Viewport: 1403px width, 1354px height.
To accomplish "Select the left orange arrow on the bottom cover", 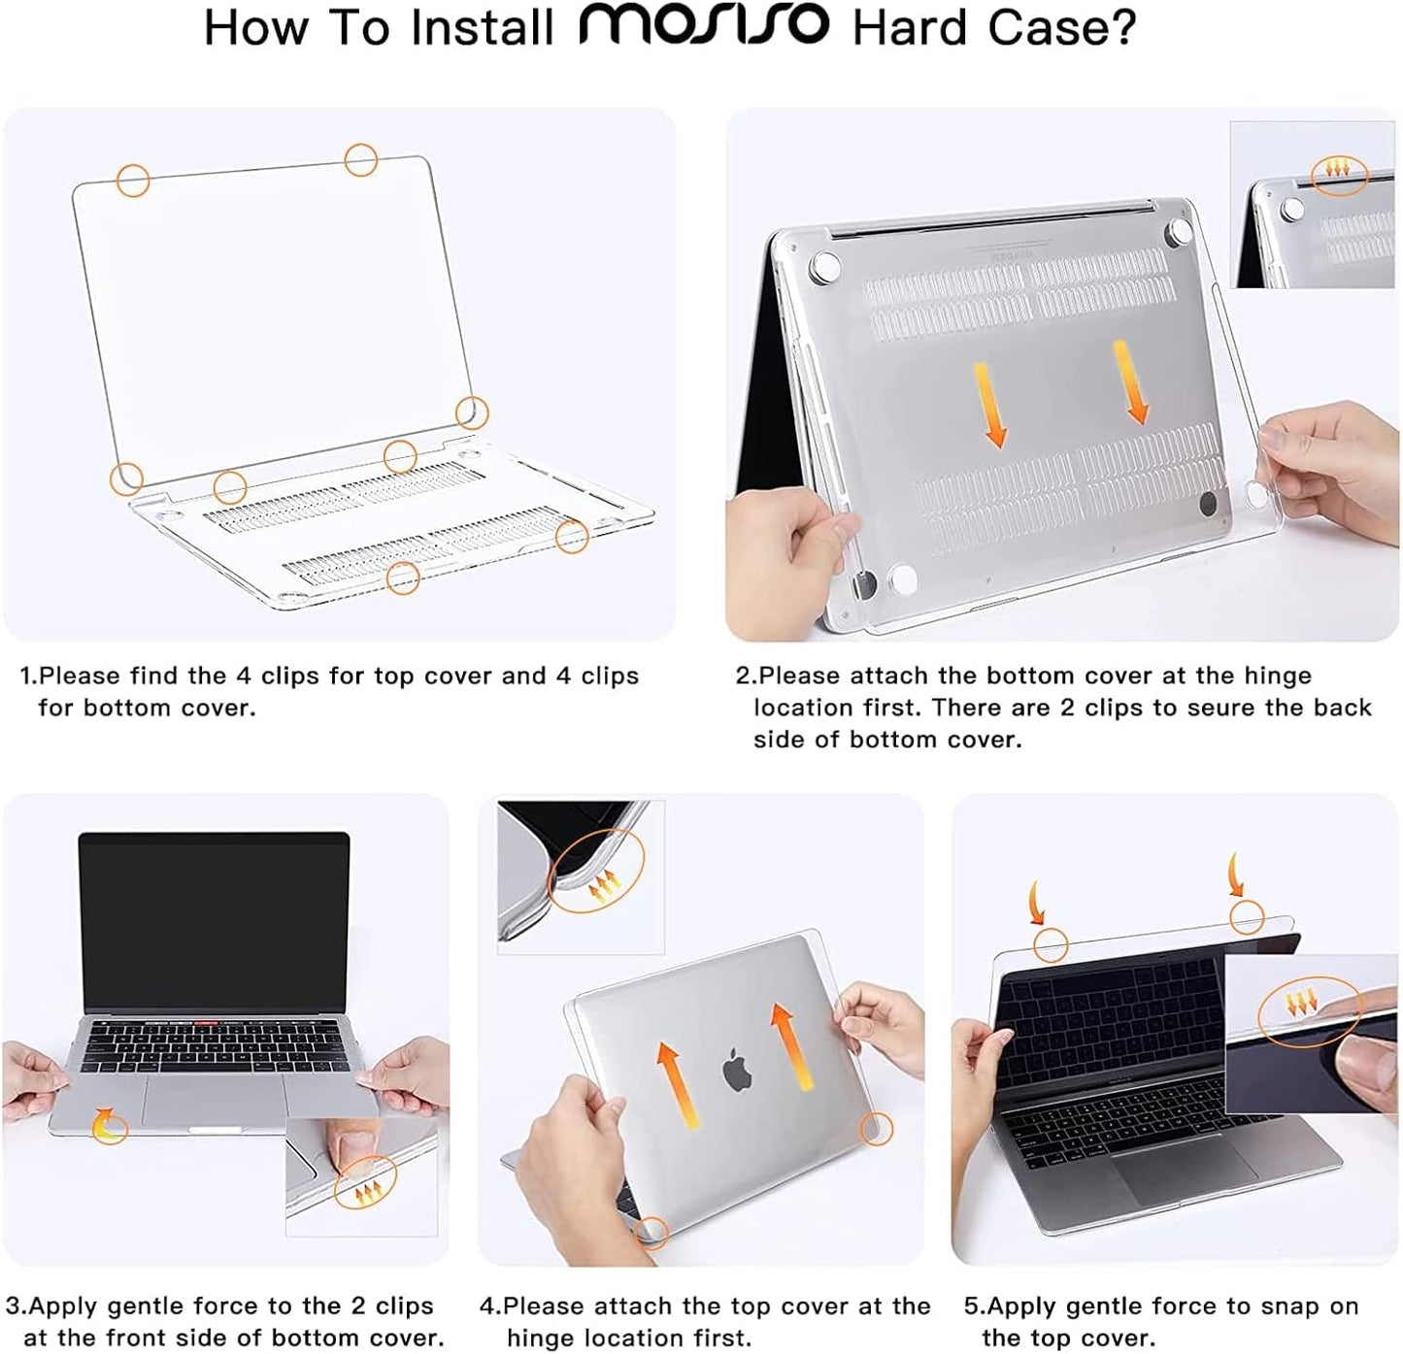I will pos(989,405).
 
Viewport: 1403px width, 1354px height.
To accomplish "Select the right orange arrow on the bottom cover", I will pos(1131,382).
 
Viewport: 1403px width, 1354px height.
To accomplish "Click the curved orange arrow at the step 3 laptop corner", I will pos(109,1125).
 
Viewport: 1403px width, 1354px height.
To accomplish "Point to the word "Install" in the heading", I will pos(482,28).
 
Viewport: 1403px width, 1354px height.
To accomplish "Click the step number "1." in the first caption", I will pos(28,676).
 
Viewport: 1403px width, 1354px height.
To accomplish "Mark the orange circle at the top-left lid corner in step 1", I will pos(133,180).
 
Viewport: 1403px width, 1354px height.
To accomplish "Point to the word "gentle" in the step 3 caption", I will pos(146,1306).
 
